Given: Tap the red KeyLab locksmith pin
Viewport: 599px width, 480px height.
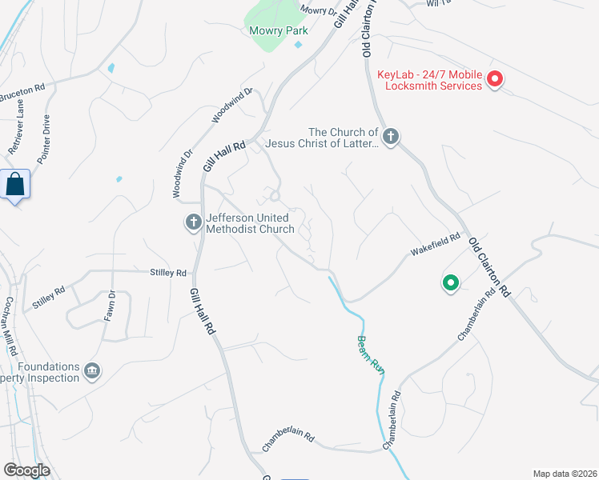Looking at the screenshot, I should pyautogui.click(x=495, y=78).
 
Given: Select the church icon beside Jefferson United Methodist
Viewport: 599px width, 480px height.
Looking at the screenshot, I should pyautogui.click(x=193, y=222).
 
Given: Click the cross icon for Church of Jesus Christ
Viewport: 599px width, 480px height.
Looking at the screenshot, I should pyautogui.click(x=390, y=137).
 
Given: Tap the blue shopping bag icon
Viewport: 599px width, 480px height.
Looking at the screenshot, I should pyautogui.click(x=16, y=185).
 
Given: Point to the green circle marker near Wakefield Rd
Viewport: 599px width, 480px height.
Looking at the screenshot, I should pyautogui.click(x=450, y=282).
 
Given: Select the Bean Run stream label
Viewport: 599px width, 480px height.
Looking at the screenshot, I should pyautogui.click(x=368, y=353).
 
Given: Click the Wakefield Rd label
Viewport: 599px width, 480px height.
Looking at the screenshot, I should pyautogui.click(x=436, y=244).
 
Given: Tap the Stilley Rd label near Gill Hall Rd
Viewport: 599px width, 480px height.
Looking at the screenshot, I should pyautogui.click(x=167, y=273).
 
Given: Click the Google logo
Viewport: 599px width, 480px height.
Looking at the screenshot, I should pyautogui.click(x=26, y=470).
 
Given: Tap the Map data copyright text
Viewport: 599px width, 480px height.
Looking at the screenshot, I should pyautogui.click(x=565, y=474).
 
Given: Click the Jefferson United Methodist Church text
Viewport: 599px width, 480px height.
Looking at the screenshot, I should pyautogui.click(x=251, y=223).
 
